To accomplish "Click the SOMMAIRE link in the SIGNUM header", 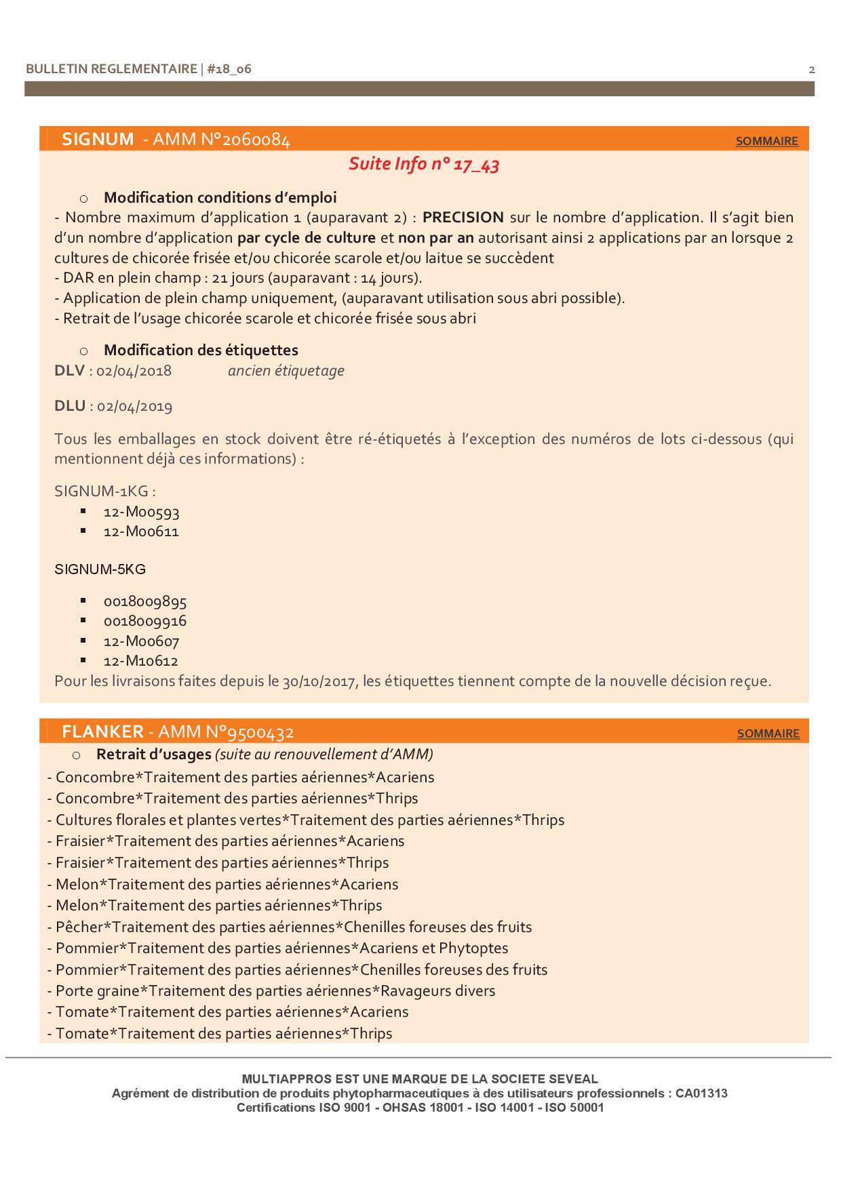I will pyautogui.click(x=766, y=141).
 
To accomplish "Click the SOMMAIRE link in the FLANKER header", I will pyautogui.click(x=768, y=733).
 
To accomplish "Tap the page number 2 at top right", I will pyautogui.click(x=812, y=69).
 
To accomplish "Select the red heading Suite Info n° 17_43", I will pyautogui.click(x=424, y=164).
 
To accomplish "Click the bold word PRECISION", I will pyautogui.click(x=463, y=218).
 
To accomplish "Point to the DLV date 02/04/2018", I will pyautogui.click(x=134, y=371).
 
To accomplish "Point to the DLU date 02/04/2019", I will pyautogui.click(x=134, y=406).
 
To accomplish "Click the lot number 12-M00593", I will pyautogui.click(x=141, y=512).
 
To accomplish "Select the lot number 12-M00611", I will pyautogui.click(x=141, y=531).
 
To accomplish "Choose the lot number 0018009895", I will pyautogui.click(x=144, y=601).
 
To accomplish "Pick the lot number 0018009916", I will pyautogui.click(x=144, y=621).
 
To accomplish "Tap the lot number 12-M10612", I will pyautogui.click(x=140, y=661).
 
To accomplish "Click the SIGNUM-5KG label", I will pyautogui.click(x=100, y=569).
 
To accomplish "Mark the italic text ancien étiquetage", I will pyautogui.click(x=286, y=371).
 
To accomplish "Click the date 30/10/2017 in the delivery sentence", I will pyautogui.click(x=319, y=681).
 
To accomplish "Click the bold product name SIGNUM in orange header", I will pyautogui.click(x=98, y=139).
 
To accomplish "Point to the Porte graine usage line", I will pyautogui.click(x=271, y=991).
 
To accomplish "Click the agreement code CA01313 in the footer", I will pyautogui.click(x=701, y=1093).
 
